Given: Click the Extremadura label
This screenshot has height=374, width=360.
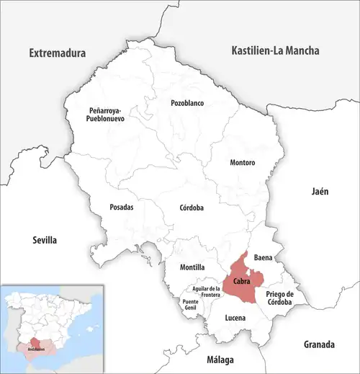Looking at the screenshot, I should click(57, 53).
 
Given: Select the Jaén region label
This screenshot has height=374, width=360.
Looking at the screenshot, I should click(320, 192).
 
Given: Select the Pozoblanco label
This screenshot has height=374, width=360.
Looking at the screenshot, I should click(187, 103).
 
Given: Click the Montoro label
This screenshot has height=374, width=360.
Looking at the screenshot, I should click(242, 163).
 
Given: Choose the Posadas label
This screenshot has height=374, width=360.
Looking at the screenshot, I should click(120, 207).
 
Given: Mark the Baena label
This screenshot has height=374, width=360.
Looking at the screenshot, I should click(264, 257).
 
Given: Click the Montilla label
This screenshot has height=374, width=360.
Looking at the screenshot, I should click(182, 267).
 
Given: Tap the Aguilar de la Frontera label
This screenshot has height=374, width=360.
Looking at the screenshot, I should click(205, 291).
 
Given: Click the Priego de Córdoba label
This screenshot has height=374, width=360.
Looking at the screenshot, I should click(281, 298).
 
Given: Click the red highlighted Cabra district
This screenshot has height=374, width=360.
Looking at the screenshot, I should click(241, 280).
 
